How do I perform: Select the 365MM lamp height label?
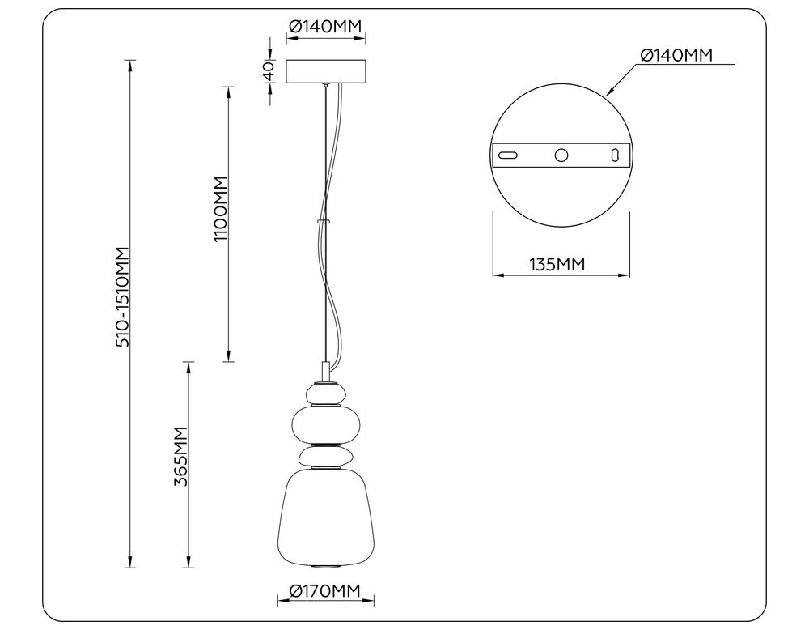(x=181, y=456)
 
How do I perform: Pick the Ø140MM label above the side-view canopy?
(x=325, y=27)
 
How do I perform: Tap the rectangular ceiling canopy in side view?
(x=325, y=71)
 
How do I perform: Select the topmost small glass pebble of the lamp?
(x=325, y=394)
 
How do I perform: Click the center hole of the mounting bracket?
(x=561, y=154)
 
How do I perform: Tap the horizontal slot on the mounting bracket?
(x=508, y=154)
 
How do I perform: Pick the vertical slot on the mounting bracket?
(x=615, y=154)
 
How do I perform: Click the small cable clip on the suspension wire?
(x=324, y=220)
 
